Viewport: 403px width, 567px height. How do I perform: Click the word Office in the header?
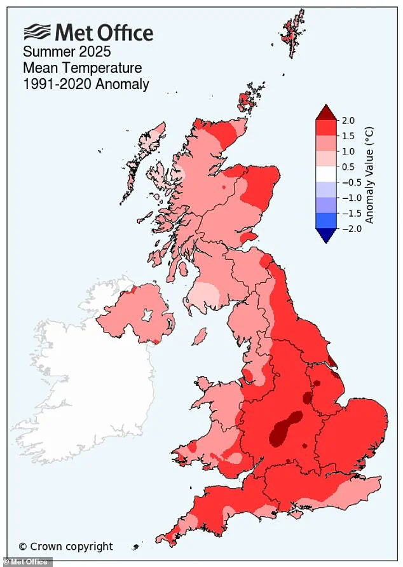point(121,32)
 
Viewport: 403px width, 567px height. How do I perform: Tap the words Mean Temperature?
point(83,67)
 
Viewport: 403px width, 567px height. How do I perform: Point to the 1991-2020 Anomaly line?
point(86,84)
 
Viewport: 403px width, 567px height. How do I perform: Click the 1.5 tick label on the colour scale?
point(349,135)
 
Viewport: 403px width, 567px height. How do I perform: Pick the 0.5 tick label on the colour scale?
point(349,167)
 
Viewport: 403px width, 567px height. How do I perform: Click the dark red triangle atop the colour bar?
point(325,113)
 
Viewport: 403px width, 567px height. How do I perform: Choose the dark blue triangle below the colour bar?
point(325,235)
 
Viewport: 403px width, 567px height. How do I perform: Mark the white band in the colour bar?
point(325,174)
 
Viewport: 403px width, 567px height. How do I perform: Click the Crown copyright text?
point(65,546)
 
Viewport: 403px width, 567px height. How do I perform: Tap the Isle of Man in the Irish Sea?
point(200,334)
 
